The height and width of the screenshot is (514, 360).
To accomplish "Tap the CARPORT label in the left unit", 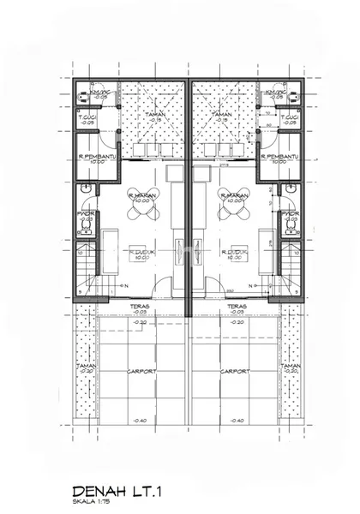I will [x=140, y=372].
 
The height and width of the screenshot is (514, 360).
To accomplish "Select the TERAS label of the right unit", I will [x=237, y=305].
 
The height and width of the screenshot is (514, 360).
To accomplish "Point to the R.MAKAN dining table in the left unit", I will [x=140, y=201].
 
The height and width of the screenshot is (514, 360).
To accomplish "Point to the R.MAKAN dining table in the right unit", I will [x=234, y=201].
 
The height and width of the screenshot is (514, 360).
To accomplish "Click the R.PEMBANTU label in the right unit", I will [x=285, y=157].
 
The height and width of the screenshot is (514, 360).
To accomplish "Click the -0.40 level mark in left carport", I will [x=140, y=420].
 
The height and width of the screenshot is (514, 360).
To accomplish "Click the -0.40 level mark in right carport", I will [x=237, y=420].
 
